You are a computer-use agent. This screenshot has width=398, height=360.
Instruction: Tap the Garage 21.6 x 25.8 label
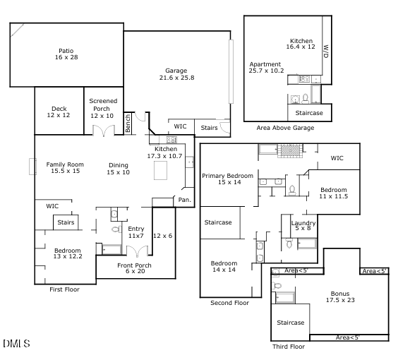point(176,73)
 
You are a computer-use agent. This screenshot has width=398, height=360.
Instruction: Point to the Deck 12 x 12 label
point(59,111)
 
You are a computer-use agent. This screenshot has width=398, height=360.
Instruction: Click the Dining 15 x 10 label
point(118,168)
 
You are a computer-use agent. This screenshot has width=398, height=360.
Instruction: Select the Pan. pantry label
point(184,200)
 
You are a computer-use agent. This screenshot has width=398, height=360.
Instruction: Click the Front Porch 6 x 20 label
point(134,268)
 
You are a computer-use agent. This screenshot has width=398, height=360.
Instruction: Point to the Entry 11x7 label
point(135,232)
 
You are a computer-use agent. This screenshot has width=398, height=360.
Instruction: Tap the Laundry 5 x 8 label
point(303,225)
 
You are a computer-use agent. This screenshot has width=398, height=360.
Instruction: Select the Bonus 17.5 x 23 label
point(340,296)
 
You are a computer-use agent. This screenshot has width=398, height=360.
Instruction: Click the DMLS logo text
point(16,344)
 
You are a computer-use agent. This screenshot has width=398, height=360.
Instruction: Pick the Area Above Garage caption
point(285,128)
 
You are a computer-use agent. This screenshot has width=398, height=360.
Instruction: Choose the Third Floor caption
point(289,347)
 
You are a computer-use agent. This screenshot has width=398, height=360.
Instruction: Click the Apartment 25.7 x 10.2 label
point(267,68)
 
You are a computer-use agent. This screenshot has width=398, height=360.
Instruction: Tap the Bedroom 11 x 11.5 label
point(333,193)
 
